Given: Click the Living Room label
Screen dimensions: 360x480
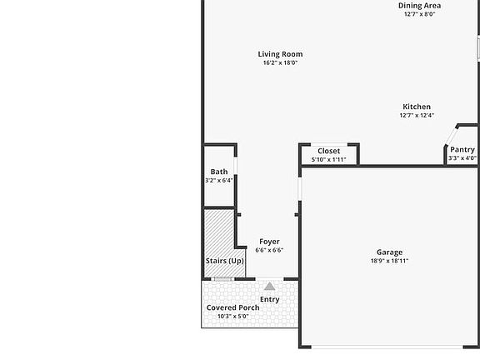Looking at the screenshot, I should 280,54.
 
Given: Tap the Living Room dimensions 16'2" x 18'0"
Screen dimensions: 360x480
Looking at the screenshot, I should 280,62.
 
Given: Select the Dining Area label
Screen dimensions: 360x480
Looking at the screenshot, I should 419,5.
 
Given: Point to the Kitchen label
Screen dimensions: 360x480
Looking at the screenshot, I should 417,107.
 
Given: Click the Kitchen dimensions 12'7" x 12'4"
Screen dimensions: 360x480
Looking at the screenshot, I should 417,116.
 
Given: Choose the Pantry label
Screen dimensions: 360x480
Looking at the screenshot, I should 462,150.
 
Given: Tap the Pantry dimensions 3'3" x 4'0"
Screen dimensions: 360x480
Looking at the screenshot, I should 462,158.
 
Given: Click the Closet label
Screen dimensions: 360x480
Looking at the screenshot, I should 328,151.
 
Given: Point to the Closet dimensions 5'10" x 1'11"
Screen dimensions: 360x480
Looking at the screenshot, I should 328,159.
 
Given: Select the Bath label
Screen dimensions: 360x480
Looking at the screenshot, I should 219,172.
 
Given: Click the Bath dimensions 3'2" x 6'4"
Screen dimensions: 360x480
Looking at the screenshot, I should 219,180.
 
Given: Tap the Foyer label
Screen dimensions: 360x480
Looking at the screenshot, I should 269,242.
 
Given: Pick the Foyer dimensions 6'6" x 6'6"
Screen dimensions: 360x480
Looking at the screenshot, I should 269,250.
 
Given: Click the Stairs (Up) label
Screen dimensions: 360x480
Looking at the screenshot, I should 225,262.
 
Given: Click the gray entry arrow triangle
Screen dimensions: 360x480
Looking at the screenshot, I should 269,286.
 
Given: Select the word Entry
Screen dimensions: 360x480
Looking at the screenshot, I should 269,299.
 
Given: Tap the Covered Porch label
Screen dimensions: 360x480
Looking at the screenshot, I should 232,307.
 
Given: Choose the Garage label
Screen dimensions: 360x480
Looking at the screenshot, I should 389,252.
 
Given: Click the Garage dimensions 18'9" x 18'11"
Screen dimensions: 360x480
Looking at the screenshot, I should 389,261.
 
